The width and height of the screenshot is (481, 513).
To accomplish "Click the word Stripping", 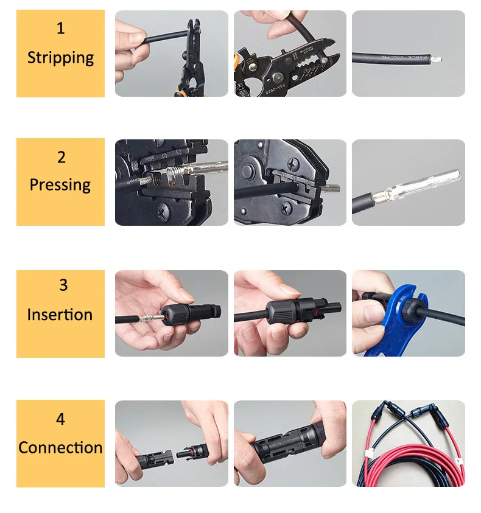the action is tap(60, 58).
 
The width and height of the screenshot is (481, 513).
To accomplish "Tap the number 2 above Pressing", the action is tap(61, 157).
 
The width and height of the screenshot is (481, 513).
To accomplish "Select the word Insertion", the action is tap(60, 315).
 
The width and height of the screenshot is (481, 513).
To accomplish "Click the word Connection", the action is tap(60, 447).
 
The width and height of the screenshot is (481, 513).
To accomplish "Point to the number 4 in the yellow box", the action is tap(60, 419).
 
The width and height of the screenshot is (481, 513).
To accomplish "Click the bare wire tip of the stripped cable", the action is tap(437, 60).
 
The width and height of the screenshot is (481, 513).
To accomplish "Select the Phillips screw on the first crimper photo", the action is tap(163, 212).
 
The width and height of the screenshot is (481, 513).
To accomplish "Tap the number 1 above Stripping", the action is tap(60, 28).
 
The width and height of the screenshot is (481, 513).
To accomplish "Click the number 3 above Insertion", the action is tap(63, 285).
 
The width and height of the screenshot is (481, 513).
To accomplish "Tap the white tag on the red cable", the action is tap(370, 455).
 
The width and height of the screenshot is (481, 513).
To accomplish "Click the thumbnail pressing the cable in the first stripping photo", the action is tap(137, 38).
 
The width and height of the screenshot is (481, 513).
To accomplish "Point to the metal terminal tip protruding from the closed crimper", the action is tap(331, 188).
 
